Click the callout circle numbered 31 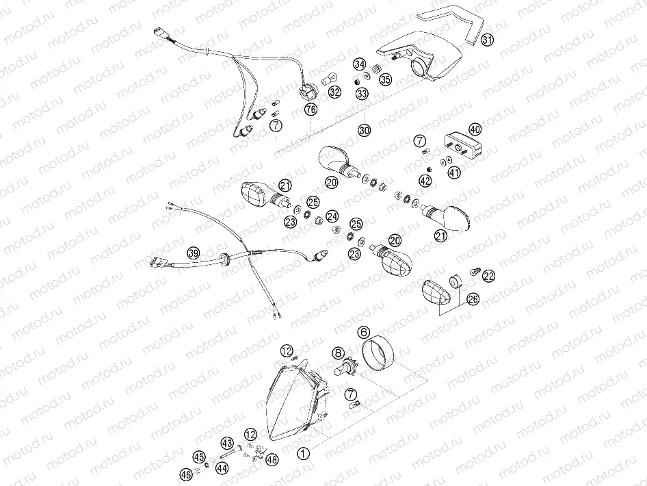(486, 40)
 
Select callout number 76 (311, 110)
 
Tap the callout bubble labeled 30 (364, 129)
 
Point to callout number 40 (475, 129)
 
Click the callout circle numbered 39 (194, 253)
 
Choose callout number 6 (363, 331)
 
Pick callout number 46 (185, 473)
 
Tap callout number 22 (488, 276)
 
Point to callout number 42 (425, 181)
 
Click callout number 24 (332, 216)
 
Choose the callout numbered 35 (385, 79)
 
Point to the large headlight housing (294, 404)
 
